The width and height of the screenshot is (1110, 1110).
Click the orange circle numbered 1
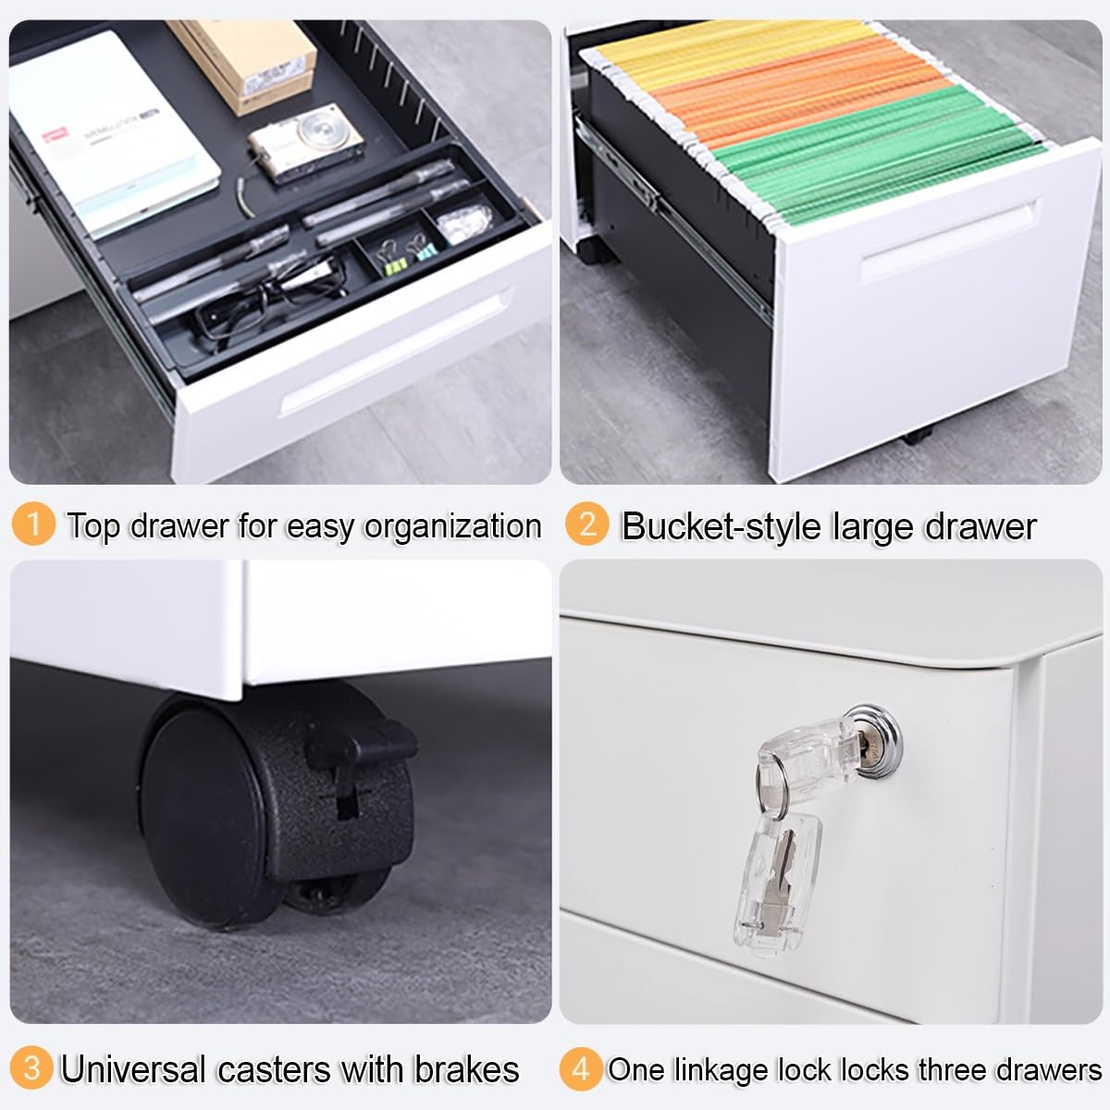33,524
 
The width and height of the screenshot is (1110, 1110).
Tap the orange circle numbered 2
587,524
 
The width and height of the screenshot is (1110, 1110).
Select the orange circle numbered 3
31,1068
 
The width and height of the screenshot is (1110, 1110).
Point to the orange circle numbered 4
581,1068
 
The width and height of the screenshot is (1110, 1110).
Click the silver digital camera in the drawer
306,142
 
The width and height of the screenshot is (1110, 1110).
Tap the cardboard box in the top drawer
242,64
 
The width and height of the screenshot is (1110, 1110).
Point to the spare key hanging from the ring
779,882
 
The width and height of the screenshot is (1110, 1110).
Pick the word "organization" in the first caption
452,527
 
